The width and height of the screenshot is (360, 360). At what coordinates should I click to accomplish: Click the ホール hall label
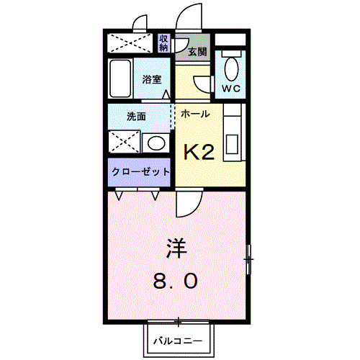[195, 114]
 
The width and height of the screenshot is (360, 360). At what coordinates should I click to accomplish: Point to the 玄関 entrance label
[197, 51]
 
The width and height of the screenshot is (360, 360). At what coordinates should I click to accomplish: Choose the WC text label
[230, 89]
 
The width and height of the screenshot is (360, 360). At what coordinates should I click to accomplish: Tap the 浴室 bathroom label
[150, 79]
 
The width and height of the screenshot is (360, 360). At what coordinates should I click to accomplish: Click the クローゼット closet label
[140, 172]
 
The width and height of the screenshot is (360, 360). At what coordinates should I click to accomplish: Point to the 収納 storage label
[164, 42]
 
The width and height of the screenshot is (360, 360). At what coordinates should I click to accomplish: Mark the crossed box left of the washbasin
[122, 141]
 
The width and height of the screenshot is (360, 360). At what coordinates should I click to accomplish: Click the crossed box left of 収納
[132, 42]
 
